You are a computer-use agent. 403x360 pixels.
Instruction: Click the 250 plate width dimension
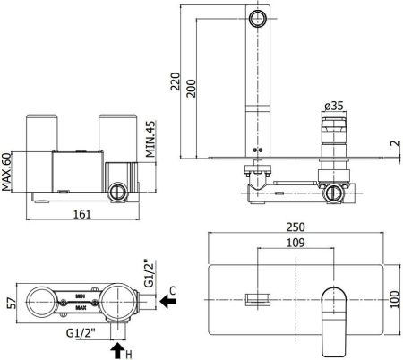click(296, 227)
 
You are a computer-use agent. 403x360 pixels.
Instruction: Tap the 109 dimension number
click(296, 242)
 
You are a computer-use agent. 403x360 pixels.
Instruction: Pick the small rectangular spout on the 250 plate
click(258, 297)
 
